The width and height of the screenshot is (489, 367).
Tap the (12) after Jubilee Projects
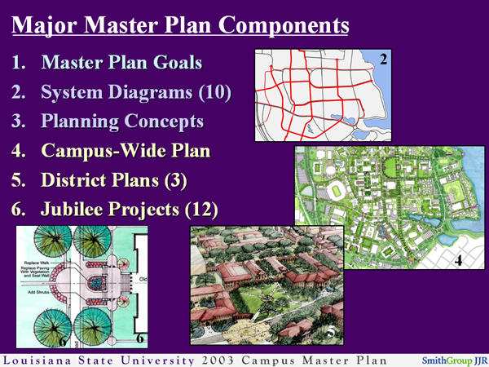pyautogui.click(x=200, y=210)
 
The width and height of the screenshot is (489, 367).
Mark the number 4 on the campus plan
pyautogui.click(x=460, y=261)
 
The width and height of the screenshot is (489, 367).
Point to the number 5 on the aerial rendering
pyautogui.click(x=330, y=331)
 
